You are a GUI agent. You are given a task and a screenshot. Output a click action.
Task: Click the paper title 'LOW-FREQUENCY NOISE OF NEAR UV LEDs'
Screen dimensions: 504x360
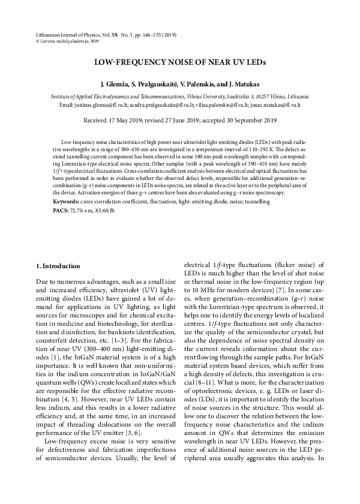[x=180, y=62]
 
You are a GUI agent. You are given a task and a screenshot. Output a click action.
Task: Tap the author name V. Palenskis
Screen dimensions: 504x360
[x=206, y=85]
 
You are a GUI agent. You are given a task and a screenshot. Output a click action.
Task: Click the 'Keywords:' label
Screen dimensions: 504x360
[x=67, y=202]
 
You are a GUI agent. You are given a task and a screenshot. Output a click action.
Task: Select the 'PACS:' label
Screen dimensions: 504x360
[x=61, y=211]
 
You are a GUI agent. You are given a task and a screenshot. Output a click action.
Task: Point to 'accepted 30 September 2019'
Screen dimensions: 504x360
[x=237, y=120]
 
